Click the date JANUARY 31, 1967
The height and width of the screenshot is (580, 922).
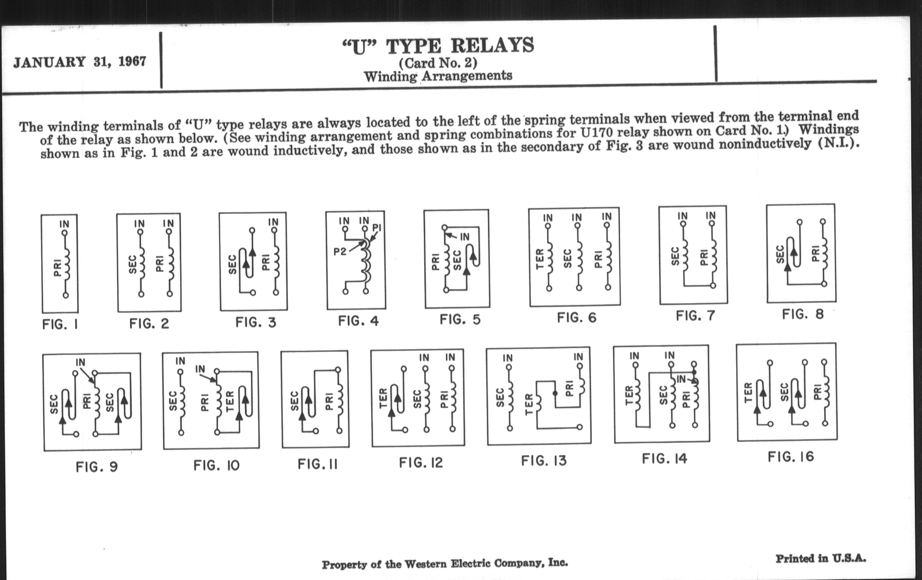coord(80,62)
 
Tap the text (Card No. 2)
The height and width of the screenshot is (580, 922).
coord(438,63)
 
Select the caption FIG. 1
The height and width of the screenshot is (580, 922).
coord(60,324)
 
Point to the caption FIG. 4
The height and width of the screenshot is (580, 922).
coord(358,321)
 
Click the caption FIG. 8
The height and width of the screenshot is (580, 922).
coord(803,314)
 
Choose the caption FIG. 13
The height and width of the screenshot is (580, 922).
coord(544,461)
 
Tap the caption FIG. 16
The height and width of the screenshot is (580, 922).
coord(791,457)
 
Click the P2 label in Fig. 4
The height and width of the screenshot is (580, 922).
coord(340,252)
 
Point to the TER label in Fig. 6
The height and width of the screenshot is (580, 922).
coord(540,259)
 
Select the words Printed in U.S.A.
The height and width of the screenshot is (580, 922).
coord(821,558)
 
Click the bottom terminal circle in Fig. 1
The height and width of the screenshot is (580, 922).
coord(66,295)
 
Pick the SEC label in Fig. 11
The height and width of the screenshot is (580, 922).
coord(294,400)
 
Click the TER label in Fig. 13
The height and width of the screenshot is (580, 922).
coord(529,404)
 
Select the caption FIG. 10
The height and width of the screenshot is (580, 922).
coord(216,466)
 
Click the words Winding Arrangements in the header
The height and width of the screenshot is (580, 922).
coord(438,76)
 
